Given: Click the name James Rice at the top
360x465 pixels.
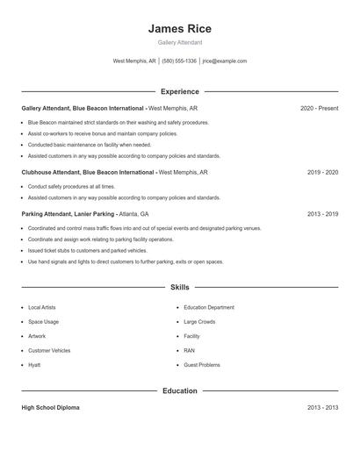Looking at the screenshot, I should click(180, 29).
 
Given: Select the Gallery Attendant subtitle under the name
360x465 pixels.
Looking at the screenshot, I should click(180, 42).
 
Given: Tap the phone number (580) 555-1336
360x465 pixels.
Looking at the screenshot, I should click(178, 61).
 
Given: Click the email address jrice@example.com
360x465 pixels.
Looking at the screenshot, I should click(225, 61).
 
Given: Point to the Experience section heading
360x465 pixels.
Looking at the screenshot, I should click(180, 91).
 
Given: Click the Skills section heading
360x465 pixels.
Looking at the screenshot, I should click(180, 287).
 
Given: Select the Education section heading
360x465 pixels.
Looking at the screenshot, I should click(180, 390).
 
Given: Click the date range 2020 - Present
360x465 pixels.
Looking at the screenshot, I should click(319, 108).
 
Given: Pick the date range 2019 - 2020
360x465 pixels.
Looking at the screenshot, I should click(322, 173).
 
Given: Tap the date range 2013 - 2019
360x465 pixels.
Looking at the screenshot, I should click(322, 213).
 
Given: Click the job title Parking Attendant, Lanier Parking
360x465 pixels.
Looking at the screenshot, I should click(68, 213).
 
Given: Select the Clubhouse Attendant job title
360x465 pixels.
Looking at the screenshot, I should click(88, 173).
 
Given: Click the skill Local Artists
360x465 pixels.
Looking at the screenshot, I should click(41, 308).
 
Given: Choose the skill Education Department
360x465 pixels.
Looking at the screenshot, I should click(209, 308).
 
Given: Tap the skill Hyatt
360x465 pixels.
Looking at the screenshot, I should click(34, 364).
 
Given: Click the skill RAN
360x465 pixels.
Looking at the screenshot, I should click(190, 350).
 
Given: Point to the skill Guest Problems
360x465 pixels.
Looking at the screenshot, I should click(202, 364).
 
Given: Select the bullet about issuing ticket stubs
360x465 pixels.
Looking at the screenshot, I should click(82, 250).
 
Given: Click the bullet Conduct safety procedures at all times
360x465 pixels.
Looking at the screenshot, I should click(71, 186).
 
